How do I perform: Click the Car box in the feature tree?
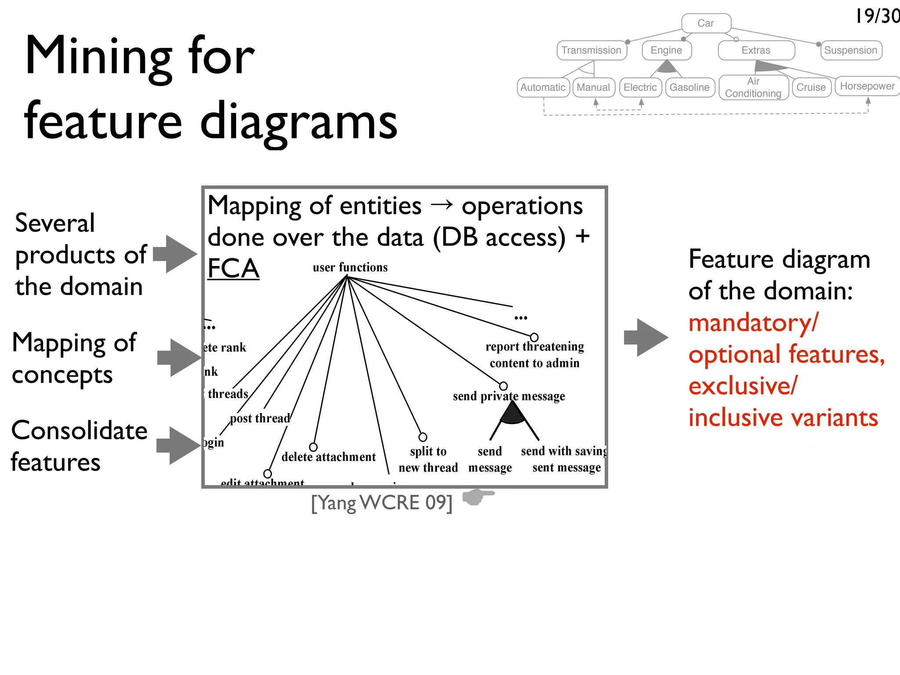tap(706, 23)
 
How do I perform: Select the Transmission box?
tap(591, 50)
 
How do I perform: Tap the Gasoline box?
tap(690, 87)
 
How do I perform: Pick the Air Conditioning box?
tap(753, 87)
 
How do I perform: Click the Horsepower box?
tap(867, 86)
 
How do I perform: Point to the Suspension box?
tap(851, 50)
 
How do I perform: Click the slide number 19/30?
tap(877, 17)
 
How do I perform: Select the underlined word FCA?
tap(233, 268)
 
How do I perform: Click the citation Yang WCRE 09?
tap(381, 502)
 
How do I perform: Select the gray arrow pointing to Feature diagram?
tap(646, 337)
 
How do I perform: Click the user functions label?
tap(350, 267)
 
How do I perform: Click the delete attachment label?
tap(328, 457)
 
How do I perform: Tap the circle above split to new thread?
tap(423, 437)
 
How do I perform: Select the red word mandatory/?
tap(753, 323)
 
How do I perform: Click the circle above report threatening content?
tap(534, 337)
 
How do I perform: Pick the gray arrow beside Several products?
tap(175, 254)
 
